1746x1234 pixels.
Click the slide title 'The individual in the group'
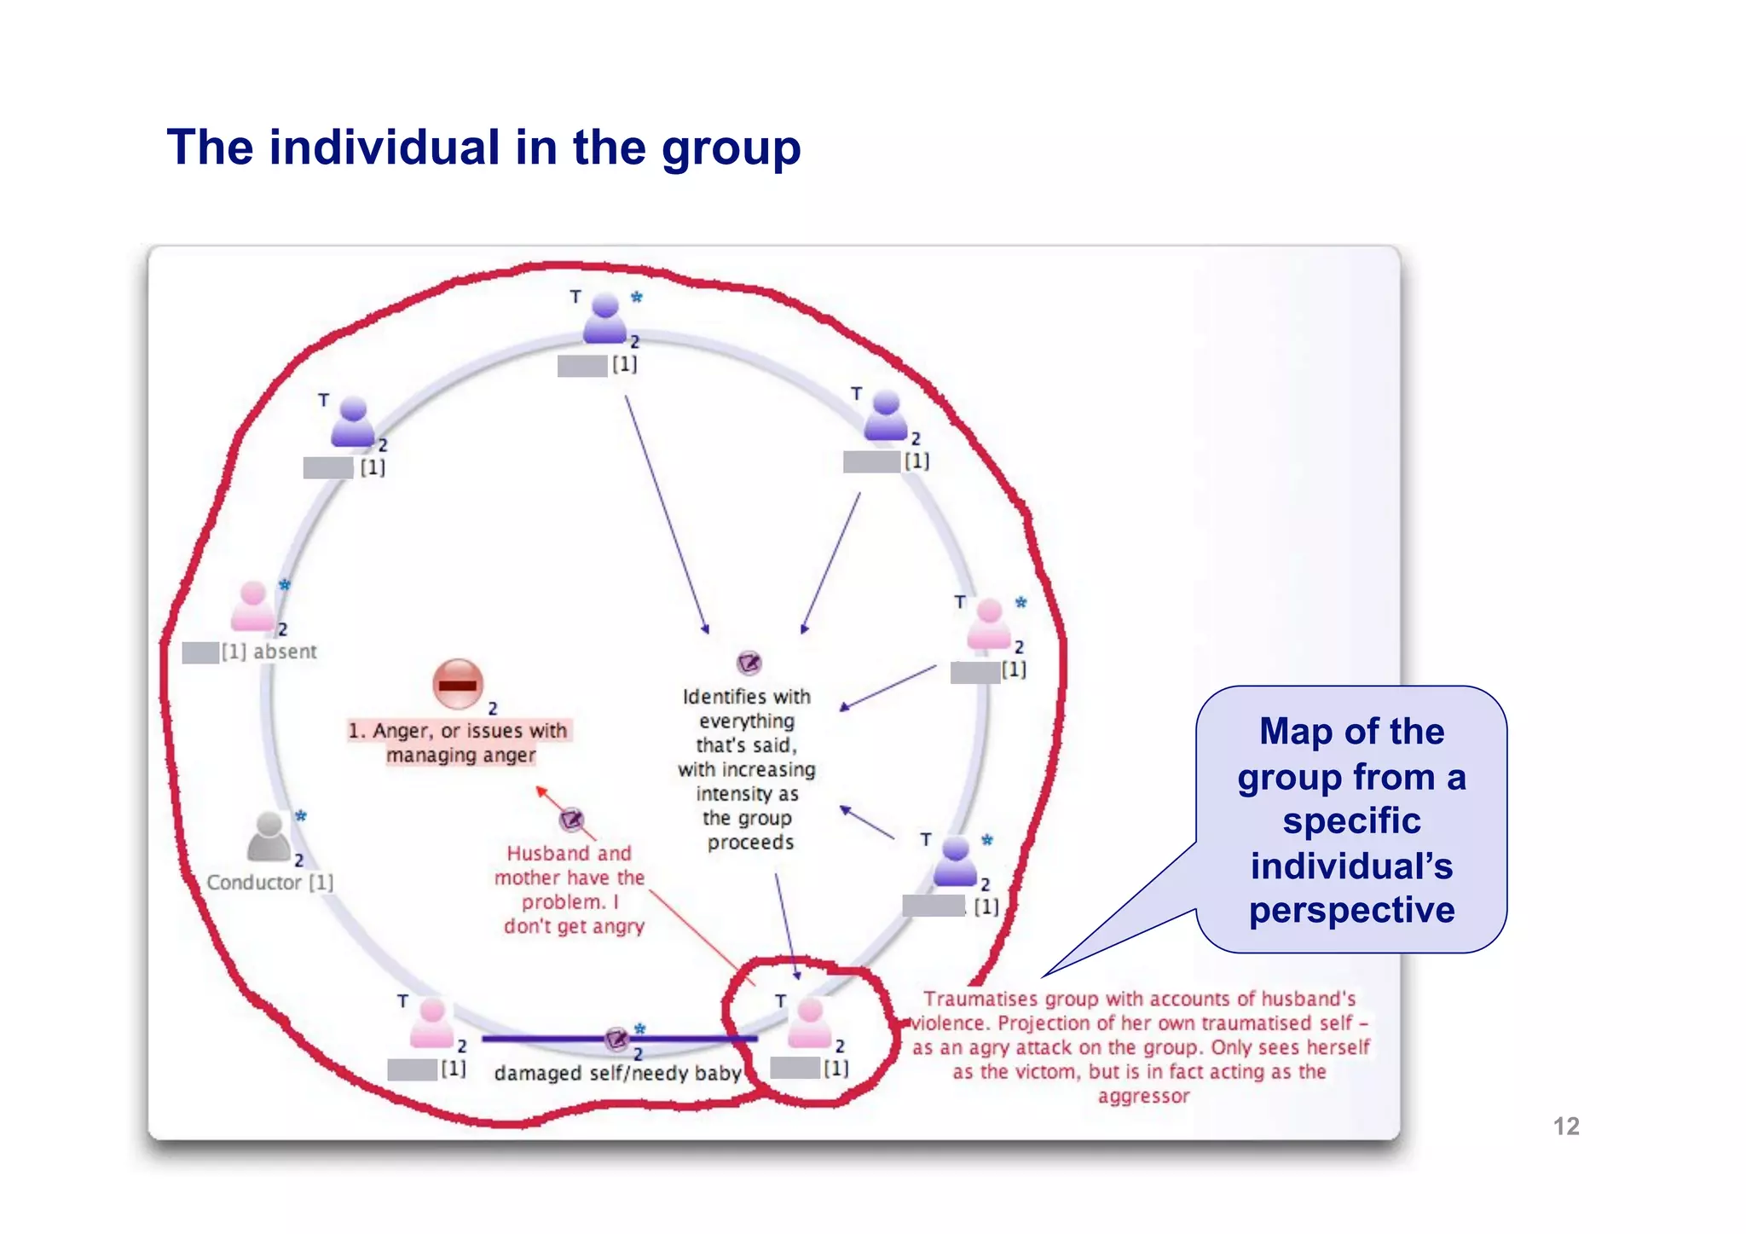coord(483,148)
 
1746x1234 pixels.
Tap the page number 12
coord(1565,1127)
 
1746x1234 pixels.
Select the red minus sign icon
coord(458,684)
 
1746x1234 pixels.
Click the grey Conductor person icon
coord(269,837)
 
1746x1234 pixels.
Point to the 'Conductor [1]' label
coord(269,883)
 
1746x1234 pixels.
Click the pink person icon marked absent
coord(253,606)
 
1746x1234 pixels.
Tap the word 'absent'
coord(285,652)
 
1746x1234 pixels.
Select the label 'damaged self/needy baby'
coord(617,1074)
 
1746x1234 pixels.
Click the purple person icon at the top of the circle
coord(605,318)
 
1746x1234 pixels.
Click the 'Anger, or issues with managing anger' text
coord(460,743)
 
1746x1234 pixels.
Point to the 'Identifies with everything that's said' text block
coord(747,769)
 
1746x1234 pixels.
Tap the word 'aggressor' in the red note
coord(1143,1097)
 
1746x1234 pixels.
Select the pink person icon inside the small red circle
coord(809,1023)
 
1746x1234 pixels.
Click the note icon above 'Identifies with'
coord(749,663)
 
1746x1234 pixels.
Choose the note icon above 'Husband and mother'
coord(571,820)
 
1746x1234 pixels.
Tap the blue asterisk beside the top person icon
coord(636,298)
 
